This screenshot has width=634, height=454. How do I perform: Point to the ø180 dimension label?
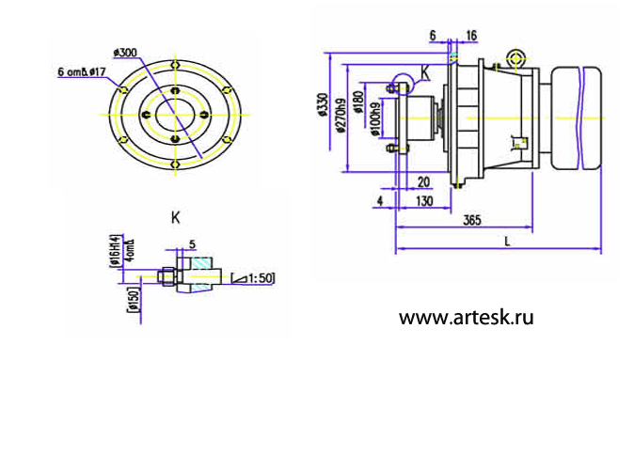click(359, 102)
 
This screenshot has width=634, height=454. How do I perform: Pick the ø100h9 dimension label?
click(376, 119)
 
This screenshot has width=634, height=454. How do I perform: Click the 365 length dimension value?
click(472, 221)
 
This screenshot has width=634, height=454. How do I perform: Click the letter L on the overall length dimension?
click(507, 241)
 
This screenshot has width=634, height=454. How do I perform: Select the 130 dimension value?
click(423, 201)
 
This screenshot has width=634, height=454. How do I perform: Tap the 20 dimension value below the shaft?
click(423, 181)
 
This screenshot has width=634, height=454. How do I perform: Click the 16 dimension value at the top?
click(470, 35)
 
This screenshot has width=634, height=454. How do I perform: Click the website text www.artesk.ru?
click(466, 318)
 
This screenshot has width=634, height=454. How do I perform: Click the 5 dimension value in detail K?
click(191, 243)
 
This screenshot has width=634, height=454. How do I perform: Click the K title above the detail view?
click(175, 217)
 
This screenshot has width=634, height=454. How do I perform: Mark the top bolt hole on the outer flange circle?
click(177, 63)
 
